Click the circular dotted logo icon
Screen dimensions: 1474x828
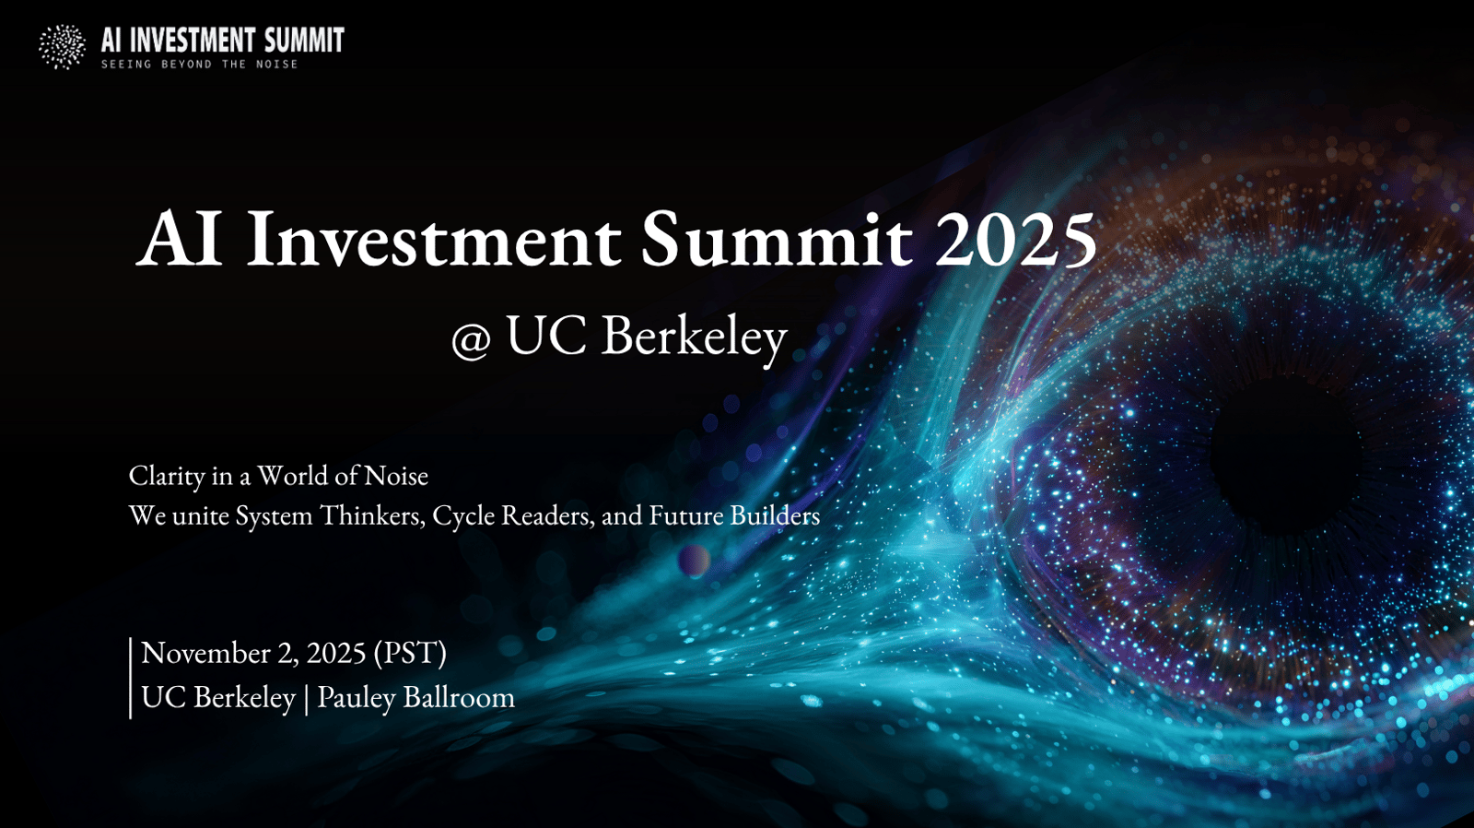click(62, 47)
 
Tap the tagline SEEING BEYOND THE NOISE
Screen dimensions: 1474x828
click(199, 65)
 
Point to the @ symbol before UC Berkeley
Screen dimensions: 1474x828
click(471, 338)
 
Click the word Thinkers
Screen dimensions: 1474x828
click(372, 515)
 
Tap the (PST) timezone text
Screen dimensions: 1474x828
click(410, 653)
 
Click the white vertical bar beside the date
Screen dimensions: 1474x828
click(130, 678)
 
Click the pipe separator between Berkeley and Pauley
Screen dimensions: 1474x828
click(307, 698)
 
